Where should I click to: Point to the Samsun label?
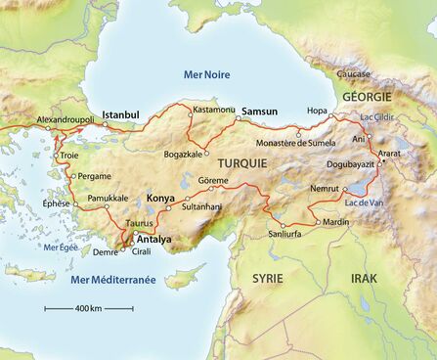260,111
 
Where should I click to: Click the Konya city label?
160,199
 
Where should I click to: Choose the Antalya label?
153,239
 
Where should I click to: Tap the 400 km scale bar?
89,308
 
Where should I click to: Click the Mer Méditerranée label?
113,280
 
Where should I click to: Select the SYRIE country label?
268,279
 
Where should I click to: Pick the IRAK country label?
365,279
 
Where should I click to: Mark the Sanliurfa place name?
285,235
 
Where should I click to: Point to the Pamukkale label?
109,198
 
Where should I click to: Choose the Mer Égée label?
62,248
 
